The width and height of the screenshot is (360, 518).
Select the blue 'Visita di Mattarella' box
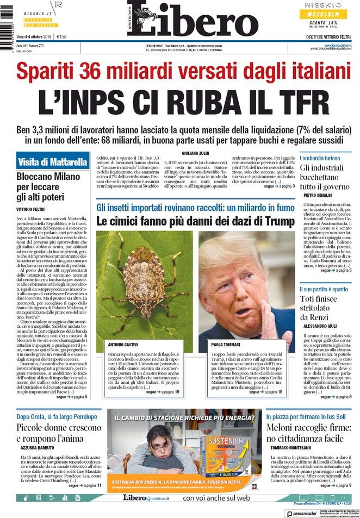[53, 162]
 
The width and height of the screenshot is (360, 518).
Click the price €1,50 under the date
[59, 36]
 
